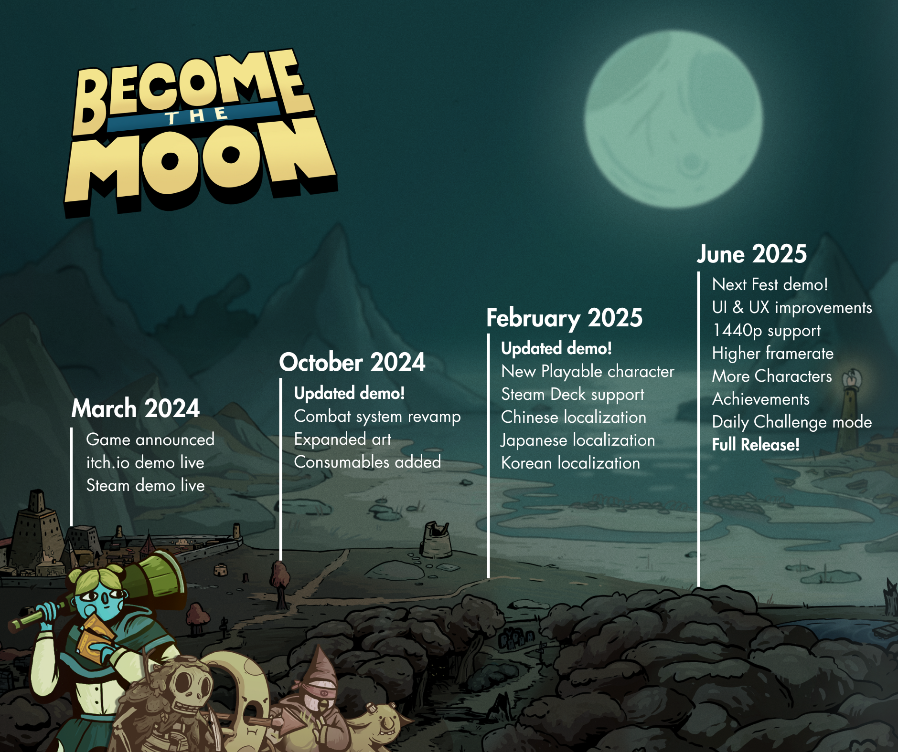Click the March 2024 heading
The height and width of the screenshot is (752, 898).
136,408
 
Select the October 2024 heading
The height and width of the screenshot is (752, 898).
352,362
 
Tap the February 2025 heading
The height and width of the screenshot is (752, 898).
564,318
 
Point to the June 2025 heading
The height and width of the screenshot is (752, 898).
752,254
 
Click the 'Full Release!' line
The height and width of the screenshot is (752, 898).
756,445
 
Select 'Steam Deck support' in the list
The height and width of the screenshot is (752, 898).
573,395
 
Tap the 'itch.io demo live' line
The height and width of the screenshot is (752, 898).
145,462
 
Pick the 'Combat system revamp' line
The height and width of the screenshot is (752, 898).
377,417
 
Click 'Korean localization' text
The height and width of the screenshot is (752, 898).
570,463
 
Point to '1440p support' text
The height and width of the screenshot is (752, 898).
766,331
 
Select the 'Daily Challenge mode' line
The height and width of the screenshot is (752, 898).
792,422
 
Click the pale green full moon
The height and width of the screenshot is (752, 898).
673,119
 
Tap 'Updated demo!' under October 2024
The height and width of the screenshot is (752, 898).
350,393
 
